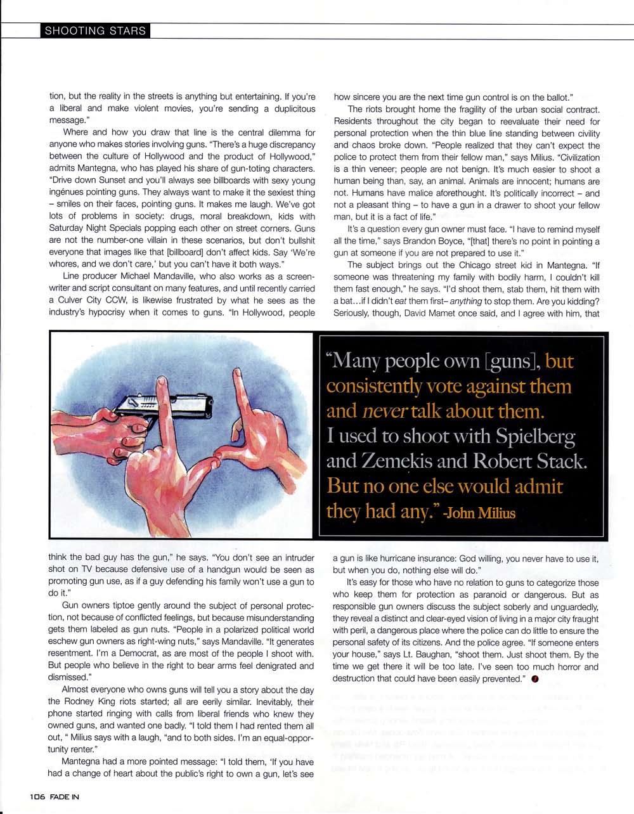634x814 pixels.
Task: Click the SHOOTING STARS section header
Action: coord(95,31)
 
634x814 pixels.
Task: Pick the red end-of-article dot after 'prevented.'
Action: coord(535,679)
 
